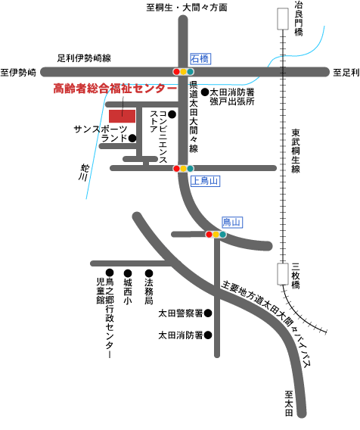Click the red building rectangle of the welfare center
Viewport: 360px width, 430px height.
123,116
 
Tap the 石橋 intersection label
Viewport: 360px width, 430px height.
200,59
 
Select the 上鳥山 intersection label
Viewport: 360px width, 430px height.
205,181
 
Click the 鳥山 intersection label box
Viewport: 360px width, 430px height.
232,222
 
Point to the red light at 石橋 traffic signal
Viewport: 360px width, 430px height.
177,72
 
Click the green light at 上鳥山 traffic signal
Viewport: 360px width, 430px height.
190,168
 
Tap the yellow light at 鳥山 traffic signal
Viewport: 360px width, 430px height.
216,235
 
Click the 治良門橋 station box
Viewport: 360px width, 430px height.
283,19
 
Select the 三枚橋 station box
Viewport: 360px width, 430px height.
283,274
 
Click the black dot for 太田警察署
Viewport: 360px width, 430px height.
208,313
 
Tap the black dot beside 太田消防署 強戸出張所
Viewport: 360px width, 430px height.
205,92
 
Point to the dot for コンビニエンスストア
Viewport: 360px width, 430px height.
172,114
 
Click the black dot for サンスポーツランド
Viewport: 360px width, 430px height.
132,139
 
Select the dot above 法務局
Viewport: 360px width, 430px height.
149,273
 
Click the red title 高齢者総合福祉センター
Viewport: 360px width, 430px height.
115,89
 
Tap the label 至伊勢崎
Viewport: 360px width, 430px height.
18,73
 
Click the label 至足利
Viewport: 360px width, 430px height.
346,73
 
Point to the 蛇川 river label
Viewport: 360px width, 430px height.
83,173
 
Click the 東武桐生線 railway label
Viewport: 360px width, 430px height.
296,151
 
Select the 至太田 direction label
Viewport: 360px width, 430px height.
289,404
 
